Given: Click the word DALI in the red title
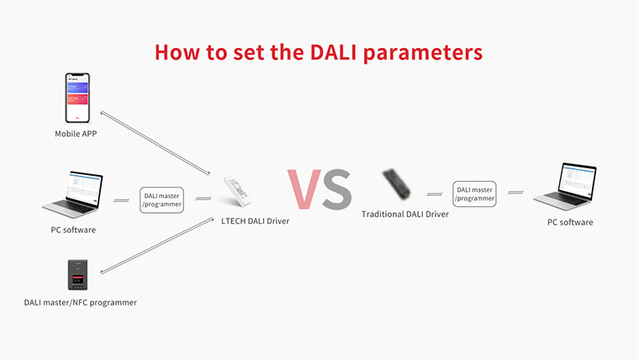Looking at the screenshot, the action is click(333, 52).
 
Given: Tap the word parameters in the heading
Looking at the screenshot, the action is click(423, 54).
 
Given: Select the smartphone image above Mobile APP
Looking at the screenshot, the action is click(77, 98).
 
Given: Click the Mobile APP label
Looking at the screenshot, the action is click(76, 134).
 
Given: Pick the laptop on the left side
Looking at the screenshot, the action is click(73, 194).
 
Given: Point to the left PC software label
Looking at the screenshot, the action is click(73, 230).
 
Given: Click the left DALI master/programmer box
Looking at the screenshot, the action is click(161, 200).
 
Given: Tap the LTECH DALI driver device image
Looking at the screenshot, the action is click(237, 192).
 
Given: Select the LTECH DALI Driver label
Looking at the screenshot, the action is click(255, 221).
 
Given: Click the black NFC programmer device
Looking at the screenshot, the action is click(77, 275).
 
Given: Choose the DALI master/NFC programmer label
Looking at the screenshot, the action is click(80, 303).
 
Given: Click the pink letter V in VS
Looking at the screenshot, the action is click(304, 189).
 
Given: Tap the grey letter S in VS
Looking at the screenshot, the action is click(336, 189).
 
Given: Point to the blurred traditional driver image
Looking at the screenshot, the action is click(397, 184).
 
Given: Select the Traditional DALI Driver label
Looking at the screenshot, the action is click(405, 214).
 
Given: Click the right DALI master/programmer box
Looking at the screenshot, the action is click(474, 194).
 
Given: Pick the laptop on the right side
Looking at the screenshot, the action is click(565, 187).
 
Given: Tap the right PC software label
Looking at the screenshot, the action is click(570, 222).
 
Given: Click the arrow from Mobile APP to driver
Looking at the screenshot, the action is click(156, 143).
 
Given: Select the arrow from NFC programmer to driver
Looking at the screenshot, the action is click(157, 246).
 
